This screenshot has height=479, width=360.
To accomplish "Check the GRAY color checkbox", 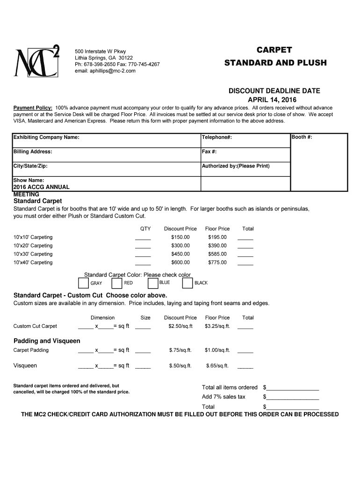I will click(x=83, y=283).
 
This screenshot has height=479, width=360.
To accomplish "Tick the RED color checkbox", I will click(x=117, y=283).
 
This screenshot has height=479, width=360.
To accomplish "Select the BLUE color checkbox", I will click(x=152, y=283).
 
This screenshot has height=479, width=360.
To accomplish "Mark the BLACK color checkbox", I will click(x=187, y=283).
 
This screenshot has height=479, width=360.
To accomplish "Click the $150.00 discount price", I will click(x=180, y=237).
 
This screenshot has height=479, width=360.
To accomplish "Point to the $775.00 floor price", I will click(x=217, y=262).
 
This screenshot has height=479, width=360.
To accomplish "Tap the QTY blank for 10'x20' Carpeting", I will click(x=143, y=247).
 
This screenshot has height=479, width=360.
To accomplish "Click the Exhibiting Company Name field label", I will click(x=46, y=137).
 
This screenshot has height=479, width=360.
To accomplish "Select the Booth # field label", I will click(x=302, y=137).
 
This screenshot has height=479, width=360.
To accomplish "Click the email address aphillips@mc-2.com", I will click(x=105, y=71).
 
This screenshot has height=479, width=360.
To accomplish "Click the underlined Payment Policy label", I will click(x=33, y=108).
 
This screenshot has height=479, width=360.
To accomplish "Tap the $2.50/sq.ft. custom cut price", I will click(x=180, y=326).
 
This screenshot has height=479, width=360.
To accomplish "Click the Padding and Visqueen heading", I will click(x=47, y=341).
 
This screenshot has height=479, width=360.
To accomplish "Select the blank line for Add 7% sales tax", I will click(x=292, y=398).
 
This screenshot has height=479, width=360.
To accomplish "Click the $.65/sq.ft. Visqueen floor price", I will click(x=217, y=366).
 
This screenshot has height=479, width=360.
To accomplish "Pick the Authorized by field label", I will click(x=236, y=166).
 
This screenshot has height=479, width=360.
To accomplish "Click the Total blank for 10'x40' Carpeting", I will click(x=245, y=263).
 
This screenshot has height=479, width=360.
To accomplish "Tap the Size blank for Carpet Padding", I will click(x=143, y=351).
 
